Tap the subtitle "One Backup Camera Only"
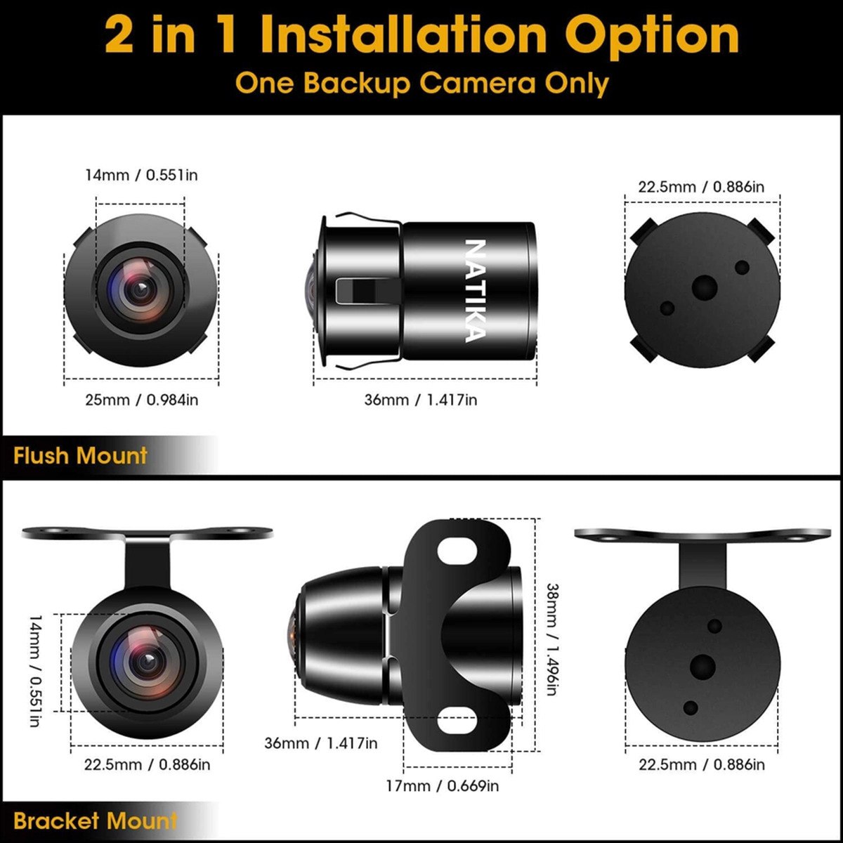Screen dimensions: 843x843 click(421, 83)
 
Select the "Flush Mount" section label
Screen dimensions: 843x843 click(80, 455)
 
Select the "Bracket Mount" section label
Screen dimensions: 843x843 click(95, 821)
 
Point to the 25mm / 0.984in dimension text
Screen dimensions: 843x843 click(141, 400)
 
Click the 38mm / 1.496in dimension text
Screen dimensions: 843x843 click(552, 639)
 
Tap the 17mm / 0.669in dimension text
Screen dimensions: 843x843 click(442, 785)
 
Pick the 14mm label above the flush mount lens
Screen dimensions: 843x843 click(141, 175)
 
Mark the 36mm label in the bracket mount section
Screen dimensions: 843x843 click(320, 743)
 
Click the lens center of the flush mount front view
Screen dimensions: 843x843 click(141, 288)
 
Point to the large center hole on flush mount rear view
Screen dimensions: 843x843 click(703, 287)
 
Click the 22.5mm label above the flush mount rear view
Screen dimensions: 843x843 click(701, 187)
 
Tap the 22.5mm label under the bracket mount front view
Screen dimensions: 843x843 click(147, 764)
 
